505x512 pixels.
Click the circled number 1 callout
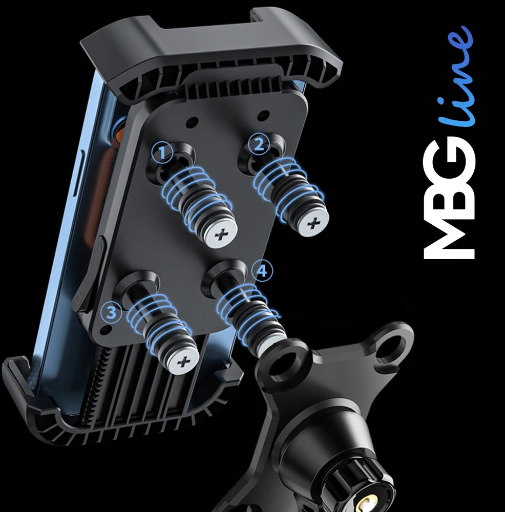tap(162, 153)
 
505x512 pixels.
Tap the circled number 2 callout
tap(259, 144)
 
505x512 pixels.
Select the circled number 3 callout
tap(111, 312)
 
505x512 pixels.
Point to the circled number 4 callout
tap(263, 271)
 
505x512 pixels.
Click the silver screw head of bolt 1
tap(221, 235)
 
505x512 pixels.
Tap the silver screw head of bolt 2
tap(313, 224)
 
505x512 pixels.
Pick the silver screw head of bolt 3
tap(184, 361)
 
